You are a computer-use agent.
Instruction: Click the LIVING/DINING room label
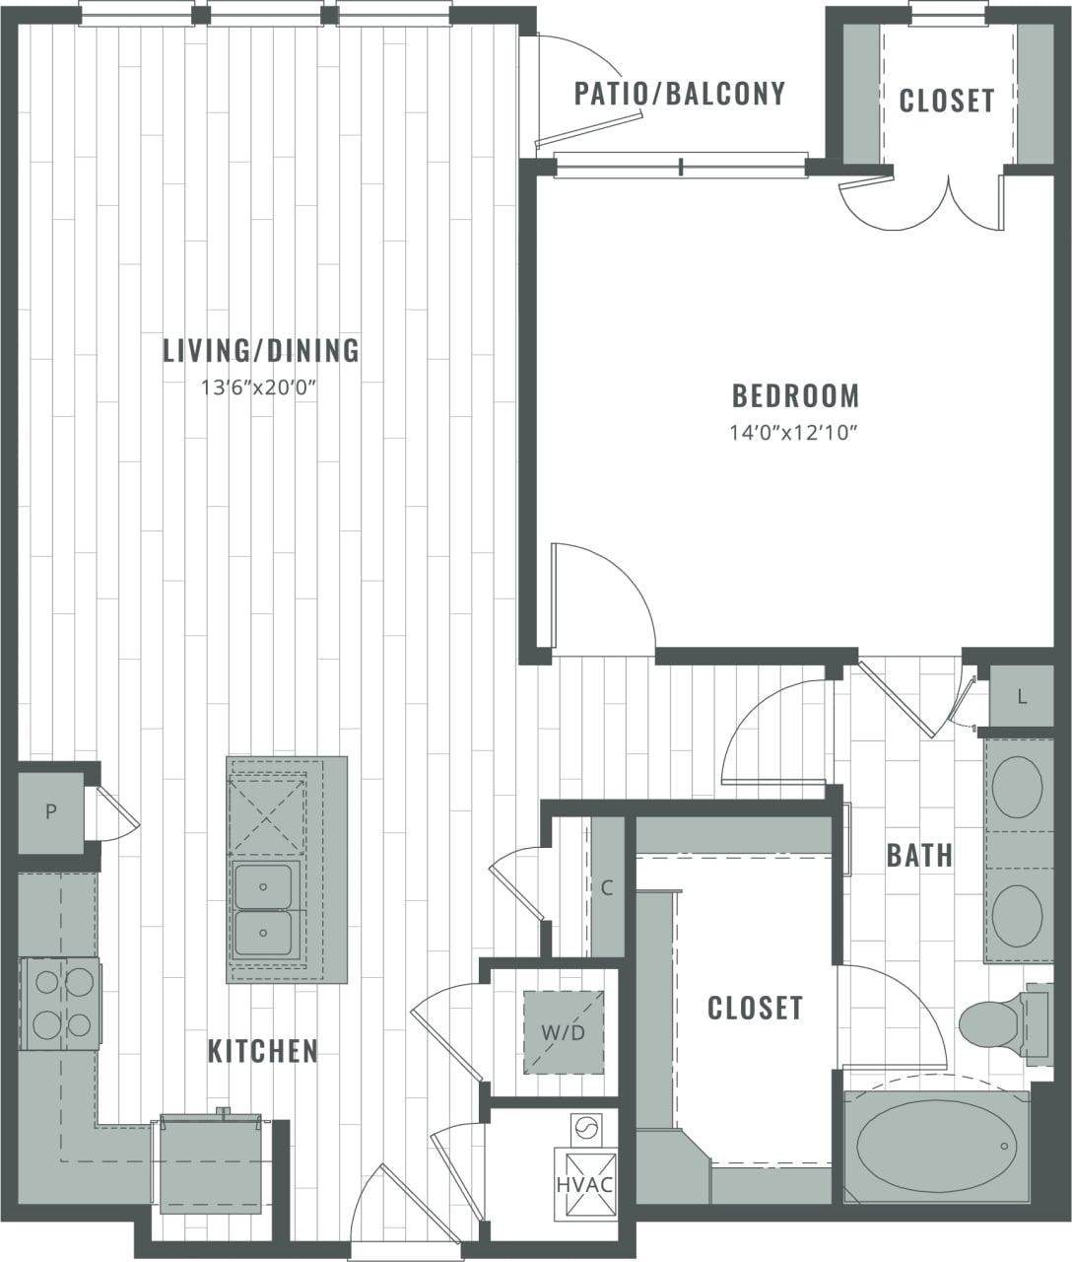[x=261, y=351]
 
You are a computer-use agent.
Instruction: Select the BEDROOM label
[x=795, y=396]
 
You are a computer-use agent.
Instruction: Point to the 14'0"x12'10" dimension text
[x=795, y=432]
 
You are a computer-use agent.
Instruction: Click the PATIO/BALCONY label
[x=680, y=94]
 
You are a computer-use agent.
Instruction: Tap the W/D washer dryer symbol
[x=563, y=1032]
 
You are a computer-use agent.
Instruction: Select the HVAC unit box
[x=585, y=1183]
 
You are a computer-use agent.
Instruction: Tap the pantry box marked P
[x=50, y=812]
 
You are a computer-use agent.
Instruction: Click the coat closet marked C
[x=607, y=887]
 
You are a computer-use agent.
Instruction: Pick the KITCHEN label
[x=263, y=1051]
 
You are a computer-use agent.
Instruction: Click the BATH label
[x=919, y=855]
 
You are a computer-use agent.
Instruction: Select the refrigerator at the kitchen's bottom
[x=211, y=1165]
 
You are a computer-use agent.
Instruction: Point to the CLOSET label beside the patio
[x=947, y=101]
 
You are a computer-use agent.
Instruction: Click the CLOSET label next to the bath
[x=755, y=1008]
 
